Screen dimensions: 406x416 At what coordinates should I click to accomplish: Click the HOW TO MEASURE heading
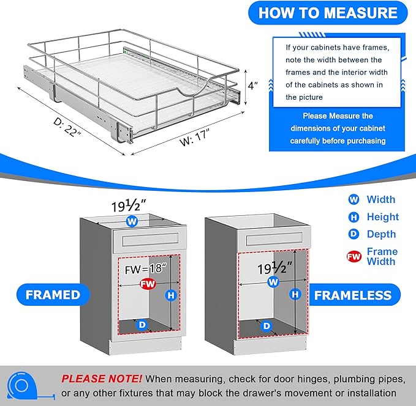(x=327, y=12)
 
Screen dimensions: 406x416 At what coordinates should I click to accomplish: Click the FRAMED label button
(x=53, y=295)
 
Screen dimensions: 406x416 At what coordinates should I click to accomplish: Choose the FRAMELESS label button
(x=352, y=295)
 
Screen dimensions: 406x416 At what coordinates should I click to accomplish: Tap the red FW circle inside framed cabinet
(x=147, y=284)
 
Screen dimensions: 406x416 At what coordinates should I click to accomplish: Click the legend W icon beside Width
(x=354, y=199)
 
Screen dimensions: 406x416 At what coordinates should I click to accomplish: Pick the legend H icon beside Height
(x=354, y=216)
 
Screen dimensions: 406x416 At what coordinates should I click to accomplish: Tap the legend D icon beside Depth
(x=354, y=234)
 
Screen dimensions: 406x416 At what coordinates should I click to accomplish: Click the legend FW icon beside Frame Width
(x=354, y=256)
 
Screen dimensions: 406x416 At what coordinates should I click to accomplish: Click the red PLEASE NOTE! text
(x=101, y=378)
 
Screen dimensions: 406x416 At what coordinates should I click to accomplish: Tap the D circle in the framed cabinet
(x=142, y=324)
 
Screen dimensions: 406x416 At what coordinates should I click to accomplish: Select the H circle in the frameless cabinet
(x=296, y=294)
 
